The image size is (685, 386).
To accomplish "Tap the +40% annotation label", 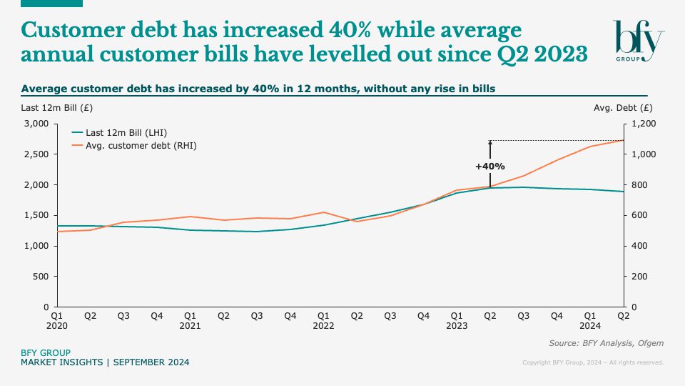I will [490, 167].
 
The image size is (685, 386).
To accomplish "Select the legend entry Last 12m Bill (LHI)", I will [121, 132].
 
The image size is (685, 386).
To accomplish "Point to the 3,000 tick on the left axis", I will [36, 124].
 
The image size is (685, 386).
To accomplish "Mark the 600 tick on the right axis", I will [639, 215].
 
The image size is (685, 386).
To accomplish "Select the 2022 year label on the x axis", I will [323, 325].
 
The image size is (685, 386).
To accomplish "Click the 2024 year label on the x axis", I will [590, 325].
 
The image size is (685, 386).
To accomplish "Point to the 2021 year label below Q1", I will [191, 325].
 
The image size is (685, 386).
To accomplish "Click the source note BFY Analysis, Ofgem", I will [606, 343].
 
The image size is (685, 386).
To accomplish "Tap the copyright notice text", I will [593, 362].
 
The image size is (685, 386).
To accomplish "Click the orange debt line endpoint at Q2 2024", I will [624, 140].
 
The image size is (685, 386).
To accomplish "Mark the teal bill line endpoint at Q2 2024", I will [624, 192].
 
